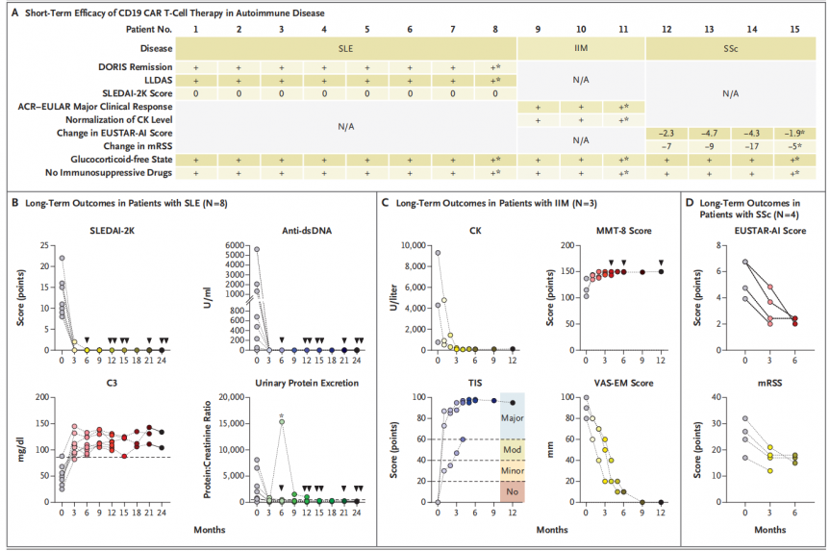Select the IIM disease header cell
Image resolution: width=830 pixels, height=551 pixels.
point(581,45)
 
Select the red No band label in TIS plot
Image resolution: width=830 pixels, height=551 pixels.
point(513,491)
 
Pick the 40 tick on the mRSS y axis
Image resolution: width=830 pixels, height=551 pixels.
point(713,397)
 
